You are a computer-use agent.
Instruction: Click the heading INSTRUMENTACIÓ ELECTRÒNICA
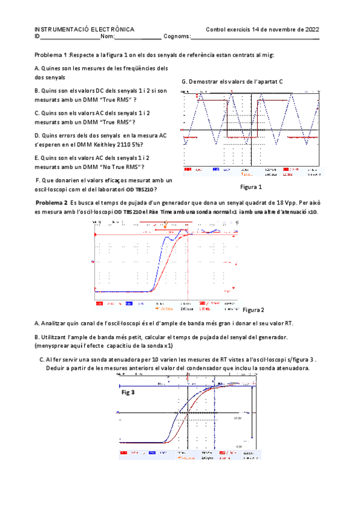[x=84, y=29]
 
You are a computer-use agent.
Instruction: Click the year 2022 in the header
[x=310, y=29]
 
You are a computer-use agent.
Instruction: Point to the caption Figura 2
[x=254, y=310]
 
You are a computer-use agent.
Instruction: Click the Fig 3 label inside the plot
[x=128, y=392]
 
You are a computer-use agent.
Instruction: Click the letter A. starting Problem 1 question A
[x=37, y=69]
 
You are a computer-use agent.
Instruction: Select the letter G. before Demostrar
[x=183, y=81]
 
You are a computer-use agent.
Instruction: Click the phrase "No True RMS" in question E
[x=128, y=167]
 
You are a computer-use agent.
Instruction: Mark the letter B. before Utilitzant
[x=37, y=337]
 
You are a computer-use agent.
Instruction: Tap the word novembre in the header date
[x=279, y=29]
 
